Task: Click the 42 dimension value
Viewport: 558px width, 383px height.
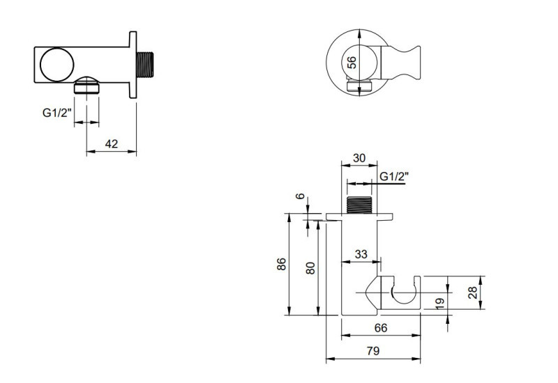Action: coord(111,144)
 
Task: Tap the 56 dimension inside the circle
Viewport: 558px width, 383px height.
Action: coord(352,61)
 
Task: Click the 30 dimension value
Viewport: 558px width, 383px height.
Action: coord(359,158)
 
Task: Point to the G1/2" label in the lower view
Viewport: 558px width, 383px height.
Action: coord(393,177)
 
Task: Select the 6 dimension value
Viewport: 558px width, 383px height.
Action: coord(301,197)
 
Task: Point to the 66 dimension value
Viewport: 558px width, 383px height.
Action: coord(381,327)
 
